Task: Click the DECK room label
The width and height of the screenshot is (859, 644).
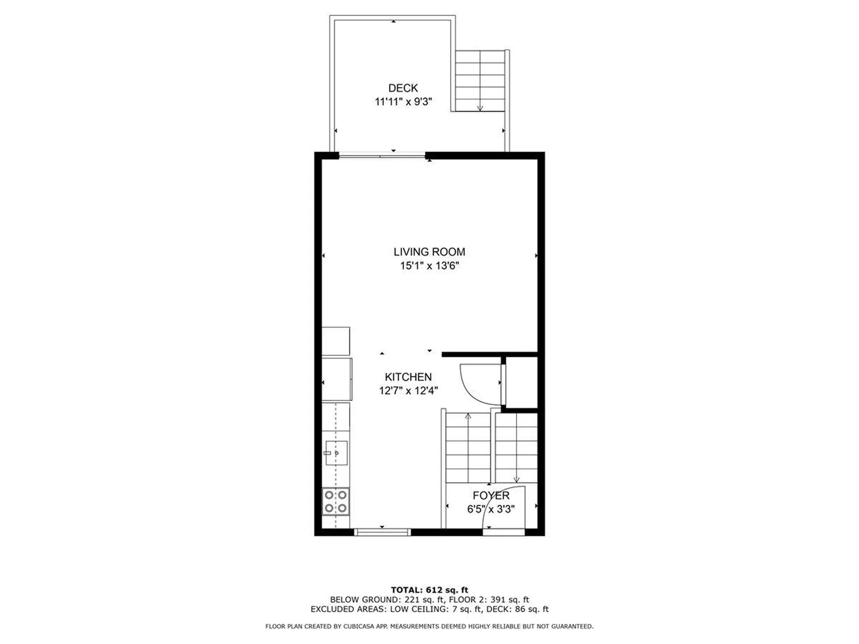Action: (x=403, y=88)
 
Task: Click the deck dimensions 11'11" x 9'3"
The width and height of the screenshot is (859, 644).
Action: (x=403, y=102)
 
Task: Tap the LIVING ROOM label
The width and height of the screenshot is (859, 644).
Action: (x=429, y=252)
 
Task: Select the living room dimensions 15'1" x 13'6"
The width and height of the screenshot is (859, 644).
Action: (x=429, y=266)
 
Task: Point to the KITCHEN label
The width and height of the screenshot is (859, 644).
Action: (x=408, y=377)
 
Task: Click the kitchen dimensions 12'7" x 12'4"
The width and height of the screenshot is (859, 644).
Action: (x=408, y=391)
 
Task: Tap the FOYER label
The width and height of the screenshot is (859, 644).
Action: (x=491, y=496)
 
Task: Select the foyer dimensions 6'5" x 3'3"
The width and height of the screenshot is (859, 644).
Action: (x=491, y=509)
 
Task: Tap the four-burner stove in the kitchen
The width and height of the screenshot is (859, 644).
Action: (x=336, y=502)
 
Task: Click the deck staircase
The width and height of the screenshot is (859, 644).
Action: (x=480, y=80)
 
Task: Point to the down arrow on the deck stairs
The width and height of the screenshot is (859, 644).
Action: (x=480, y=107)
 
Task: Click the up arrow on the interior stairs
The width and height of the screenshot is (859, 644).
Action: (x=468, y=416)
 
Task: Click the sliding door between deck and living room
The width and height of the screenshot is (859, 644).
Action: (x=382, y=156)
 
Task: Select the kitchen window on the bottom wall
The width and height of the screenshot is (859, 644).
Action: (x=382, y=532)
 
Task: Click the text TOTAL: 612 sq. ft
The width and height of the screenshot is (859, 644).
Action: (x=429, y=590)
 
